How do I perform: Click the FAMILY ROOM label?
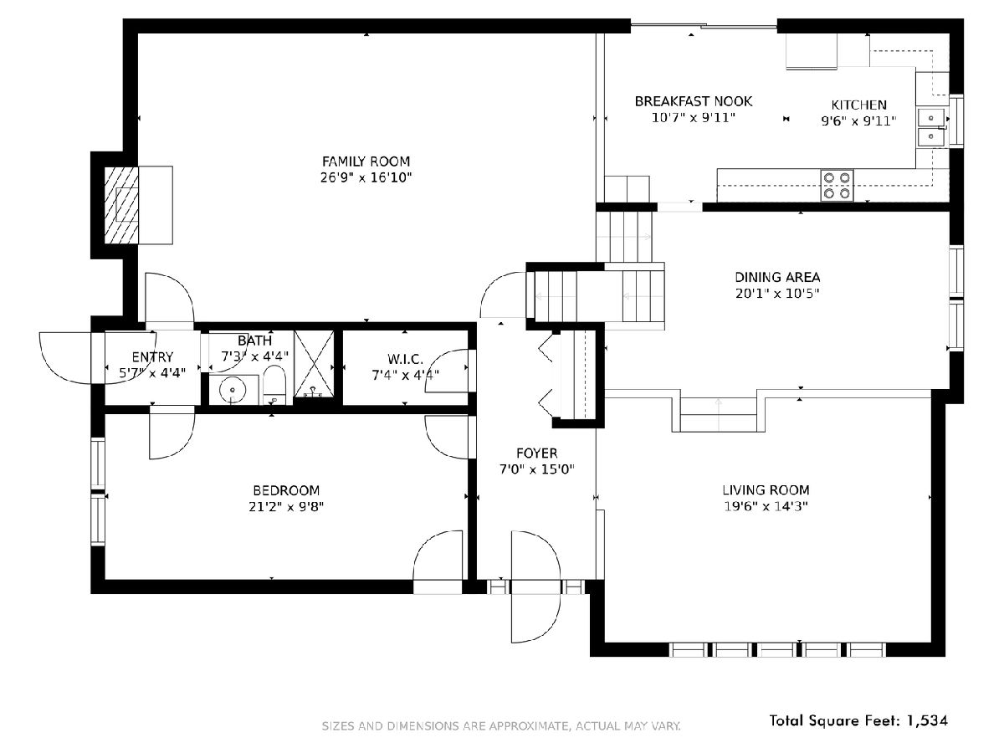pos(366,161)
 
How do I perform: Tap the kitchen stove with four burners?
pos(837,185)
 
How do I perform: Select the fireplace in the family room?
pos(121,205)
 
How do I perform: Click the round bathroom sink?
pos(233,390)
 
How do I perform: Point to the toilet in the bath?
pos(274,385)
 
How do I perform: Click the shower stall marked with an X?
pos(314,363)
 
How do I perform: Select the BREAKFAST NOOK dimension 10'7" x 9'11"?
pos(693,117)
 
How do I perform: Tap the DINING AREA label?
pos(777,277)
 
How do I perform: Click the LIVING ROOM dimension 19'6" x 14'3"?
pos(766,506)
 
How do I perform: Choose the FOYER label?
pos(536,453)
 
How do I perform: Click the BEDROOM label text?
pos(286,490)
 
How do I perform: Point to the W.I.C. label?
pos(405,359)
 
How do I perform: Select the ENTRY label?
pos(152,357)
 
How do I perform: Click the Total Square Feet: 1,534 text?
pos(858,720)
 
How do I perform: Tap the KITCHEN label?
pos(858,105)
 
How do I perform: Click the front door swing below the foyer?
pos(535,587)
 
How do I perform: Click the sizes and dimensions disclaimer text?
pos(501,725)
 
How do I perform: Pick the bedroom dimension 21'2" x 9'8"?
pos(286,506)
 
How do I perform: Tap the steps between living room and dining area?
pos(718,415)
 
